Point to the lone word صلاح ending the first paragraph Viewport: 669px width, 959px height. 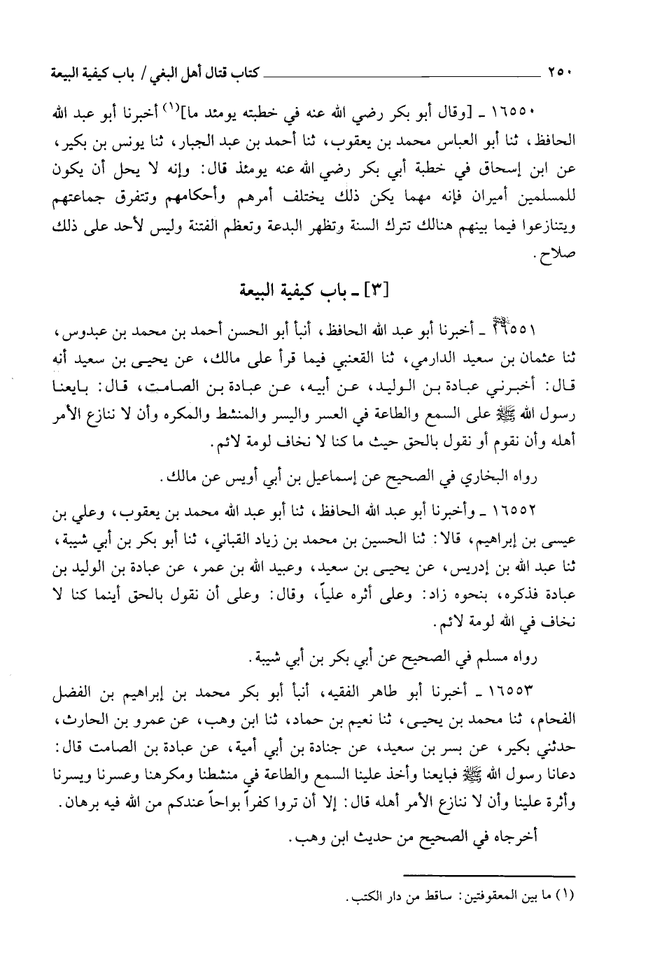pos(558,254)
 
